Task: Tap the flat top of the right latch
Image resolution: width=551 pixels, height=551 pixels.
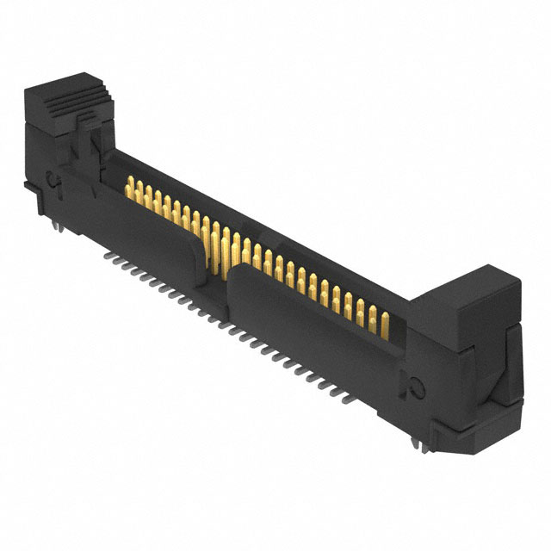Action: tap(466, 288)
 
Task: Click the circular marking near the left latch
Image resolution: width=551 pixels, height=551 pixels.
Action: tap(52, 181)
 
